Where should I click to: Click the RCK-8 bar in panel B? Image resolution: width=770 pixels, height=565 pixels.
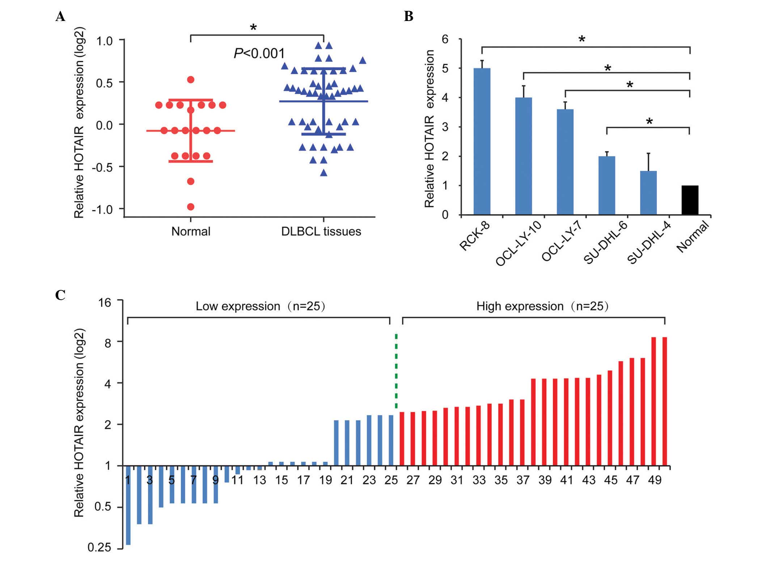click(x=482, y=141)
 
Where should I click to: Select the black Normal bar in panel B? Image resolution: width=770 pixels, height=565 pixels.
click(x=690, y=200)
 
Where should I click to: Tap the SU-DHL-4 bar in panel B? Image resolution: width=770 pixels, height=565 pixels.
click(x=648, y=193)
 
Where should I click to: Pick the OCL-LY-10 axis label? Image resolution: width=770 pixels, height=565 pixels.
click(x=518, y=243)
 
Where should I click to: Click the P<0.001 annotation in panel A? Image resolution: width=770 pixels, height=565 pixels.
click(x=259, y=54)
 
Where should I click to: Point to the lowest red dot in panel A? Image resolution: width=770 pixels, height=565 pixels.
click(x=191, y=207)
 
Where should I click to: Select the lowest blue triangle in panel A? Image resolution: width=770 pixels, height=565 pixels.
click(x=323, y=173)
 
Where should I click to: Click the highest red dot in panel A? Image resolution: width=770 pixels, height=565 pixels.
click(x=191, y=80)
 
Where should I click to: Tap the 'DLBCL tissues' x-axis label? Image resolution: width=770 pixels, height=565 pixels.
click(x=321, y=231)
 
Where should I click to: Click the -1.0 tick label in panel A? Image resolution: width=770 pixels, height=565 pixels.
click(x=103, y=210)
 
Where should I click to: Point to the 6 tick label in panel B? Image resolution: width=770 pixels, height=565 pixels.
click(x=445, y=39)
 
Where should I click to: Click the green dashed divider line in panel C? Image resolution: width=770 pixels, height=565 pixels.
click(x=396, y=371)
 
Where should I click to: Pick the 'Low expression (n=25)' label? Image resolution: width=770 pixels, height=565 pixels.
click(x=261, y=306)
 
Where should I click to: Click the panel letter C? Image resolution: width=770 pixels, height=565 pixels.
click(x=60, y=295)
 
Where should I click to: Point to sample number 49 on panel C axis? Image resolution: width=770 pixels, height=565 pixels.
click(x=655, y=480)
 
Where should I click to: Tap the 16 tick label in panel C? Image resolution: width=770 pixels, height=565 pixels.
click(x=105, y=302)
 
